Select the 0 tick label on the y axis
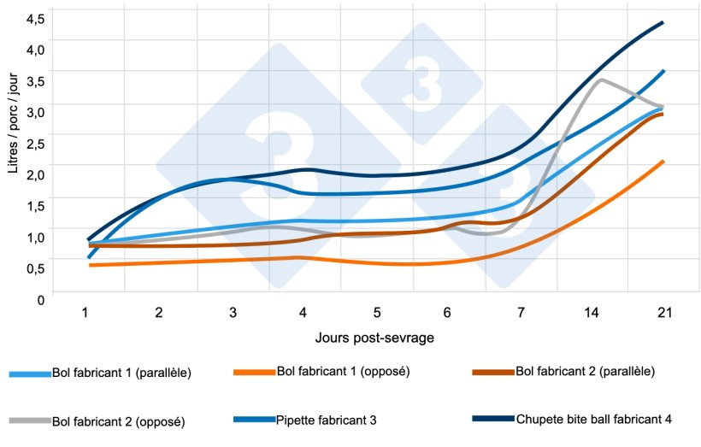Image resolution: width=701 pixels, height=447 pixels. pyautogui.click(x=40, y=298)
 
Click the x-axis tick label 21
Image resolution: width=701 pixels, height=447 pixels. pyautogui.click(x=664, y=314)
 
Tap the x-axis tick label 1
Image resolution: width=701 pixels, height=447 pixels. pyautogui.click(x=85, y=314)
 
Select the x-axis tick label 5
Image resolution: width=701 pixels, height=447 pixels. pyautogui.click(x=377, y=314)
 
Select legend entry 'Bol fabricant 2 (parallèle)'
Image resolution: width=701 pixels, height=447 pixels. pyautogui.click(x=586, y=373)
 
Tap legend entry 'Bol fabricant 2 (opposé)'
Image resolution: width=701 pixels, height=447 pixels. pyautogui.click(x=119, y=421)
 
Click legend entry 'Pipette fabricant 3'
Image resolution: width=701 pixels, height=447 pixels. pyautogui.click(x=326, y=420)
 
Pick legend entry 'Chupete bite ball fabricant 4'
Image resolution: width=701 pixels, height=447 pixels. pyautogui.click(x=594, y=419)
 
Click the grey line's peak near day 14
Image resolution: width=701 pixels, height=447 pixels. pyautogui.click(x=602, y=79)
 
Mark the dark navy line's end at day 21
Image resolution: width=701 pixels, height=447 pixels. pyautogui.click(x=663, y=23)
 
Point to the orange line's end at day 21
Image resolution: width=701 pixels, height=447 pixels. pyautogui.click(x=663, y=162)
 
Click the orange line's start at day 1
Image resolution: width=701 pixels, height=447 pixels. pyautogui.click(x=90, y=266)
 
